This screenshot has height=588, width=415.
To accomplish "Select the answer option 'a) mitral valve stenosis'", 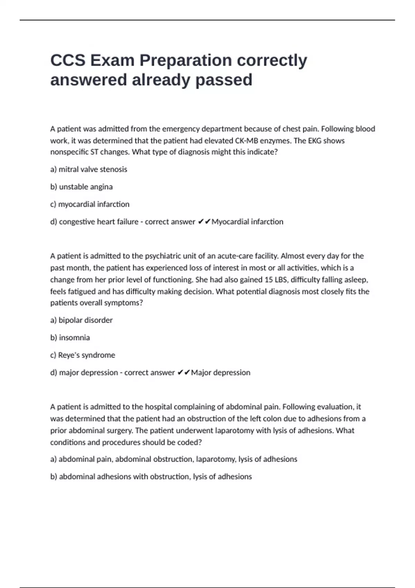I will point(89,169).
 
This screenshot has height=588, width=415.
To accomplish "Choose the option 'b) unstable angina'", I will point(81,187).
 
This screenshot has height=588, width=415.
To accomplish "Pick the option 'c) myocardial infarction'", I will point(90,204).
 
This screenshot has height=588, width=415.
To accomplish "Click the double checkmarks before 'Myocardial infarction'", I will point(204,222).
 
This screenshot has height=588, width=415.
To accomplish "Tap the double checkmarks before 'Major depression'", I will point(184,373).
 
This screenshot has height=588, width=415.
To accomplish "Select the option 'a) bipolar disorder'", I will point(81,320).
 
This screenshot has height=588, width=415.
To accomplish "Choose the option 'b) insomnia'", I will point(70,338).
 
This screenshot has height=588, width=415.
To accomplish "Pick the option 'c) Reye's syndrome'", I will point(82,355).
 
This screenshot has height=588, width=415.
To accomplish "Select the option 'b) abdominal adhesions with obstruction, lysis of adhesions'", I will point(151,477).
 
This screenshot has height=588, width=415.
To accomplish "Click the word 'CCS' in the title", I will point(68,61).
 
